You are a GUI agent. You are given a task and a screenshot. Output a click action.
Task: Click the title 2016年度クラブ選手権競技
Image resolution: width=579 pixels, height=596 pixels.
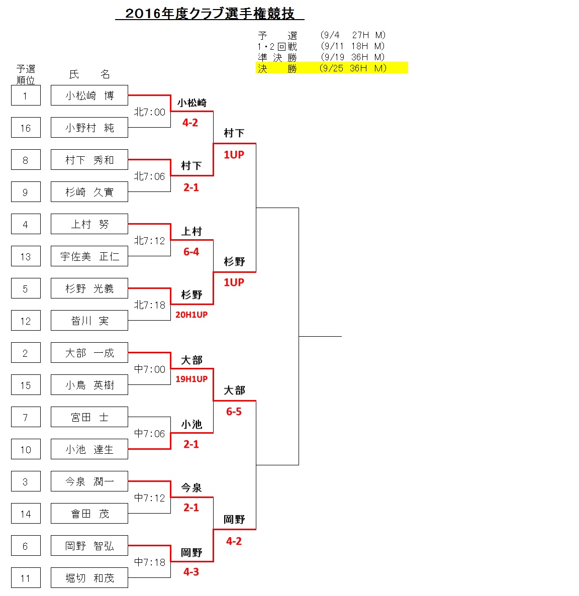pos(210,13)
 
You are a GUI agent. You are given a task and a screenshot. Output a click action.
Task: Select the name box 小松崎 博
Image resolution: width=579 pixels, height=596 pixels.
pos(89,95)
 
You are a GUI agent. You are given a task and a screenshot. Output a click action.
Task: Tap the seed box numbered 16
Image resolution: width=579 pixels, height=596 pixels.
pos(26,128)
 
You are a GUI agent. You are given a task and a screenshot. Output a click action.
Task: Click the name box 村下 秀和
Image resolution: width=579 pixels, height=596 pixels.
pos(89,160)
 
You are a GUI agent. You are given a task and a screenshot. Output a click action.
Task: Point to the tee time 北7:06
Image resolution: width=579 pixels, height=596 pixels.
pos(149,176)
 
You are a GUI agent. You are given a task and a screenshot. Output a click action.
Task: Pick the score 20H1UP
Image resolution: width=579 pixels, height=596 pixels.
pos(191,315)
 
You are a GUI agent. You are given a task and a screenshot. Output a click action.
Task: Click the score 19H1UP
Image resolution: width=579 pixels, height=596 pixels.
pos(191,379)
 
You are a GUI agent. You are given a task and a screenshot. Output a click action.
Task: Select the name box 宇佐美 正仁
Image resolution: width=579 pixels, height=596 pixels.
pos(89,256)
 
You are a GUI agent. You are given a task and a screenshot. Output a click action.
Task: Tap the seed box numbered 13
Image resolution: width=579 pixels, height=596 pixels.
pos(26,256)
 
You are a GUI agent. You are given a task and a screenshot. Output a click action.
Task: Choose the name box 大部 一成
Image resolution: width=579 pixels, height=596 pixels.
pos(89,353)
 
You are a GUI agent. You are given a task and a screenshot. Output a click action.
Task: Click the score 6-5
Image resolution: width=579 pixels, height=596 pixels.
pos(234,411)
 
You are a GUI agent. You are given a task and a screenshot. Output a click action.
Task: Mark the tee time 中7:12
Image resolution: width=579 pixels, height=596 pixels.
pos(149,498)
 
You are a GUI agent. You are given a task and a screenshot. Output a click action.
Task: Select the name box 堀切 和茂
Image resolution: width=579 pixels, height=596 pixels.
pos(89,578)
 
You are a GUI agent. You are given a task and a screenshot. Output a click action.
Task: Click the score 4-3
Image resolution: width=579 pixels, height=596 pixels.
pos(191,572)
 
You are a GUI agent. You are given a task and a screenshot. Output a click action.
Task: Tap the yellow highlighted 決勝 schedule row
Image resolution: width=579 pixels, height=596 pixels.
pos(332,68)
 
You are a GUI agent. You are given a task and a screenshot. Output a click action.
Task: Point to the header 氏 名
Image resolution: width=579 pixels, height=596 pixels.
pos(89,74)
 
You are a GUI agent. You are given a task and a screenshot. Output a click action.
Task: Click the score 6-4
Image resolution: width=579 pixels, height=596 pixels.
pos(191,252)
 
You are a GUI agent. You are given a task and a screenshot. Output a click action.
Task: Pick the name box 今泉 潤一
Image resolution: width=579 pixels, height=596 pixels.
pos(89,481)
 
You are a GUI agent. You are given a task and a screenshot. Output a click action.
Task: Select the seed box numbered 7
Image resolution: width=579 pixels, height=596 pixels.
pos(26,417)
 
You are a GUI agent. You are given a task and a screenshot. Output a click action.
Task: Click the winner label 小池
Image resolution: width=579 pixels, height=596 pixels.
pos(191,424)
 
